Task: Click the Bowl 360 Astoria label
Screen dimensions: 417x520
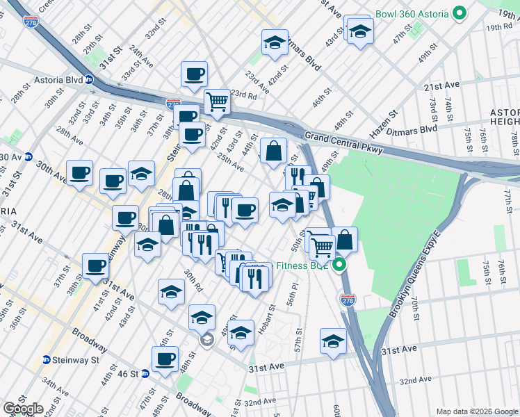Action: pyautogui.click(x=413, y=13)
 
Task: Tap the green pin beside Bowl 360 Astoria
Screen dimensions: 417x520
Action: pyautogui.click(x=459, y=13)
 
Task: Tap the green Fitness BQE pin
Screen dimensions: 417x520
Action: pyautogui.click(x=339, y=265)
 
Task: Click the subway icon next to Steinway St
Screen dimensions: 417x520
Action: pyautogui.click(x=47, y=359)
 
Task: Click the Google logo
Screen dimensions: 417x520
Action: pyautogui.click(x=23, y=409)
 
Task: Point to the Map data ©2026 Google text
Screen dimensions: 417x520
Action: pyautogui.click(x=476, y=411)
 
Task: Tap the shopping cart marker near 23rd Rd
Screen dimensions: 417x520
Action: pyautogui.click(x=218, y=102)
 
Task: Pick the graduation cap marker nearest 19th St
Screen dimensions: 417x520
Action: pyautogui.click(x=360, y=31)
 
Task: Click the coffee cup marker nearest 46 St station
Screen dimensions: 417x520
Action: pyautogui.click(x=165, y=359)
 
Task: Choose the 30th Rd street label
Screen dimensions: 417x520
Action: pyautogui.click(x=193, y=281)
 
